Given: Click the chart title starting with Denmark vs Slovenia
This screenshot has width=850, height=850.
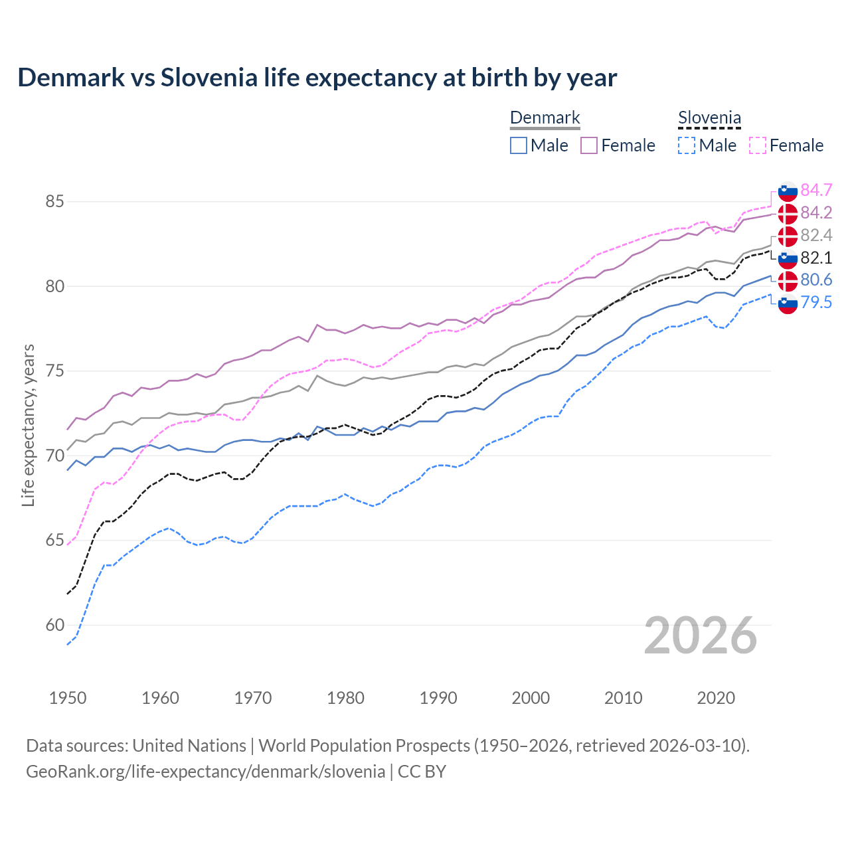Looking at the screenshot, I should (317, 78).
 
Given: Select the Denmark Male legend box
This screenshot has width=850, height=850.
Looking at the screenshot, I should (519, 145).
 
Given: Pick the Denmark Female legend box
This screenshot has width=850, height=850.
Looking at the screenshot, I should (589, 145).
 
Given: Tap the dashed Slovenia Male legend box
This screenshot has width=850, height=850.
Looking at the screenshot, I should (687, 145).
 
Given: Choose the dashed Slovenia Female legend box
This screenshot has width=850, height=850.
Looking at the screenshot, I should (757, 145).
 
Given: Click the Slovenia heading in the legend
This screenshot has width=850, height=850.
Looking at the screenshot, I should (709, 118).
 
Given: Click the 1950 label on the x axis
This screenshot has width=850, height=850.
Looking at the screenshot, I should (68, 698).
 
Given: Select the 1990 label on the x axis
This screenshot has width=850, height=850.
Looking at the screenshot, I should (438, 698).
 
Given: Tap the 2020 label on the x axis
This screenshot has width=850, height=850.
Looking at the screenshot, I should (716, 698).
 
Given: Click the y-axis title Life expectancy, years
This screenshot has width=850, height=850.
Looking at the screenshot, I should (29, 425).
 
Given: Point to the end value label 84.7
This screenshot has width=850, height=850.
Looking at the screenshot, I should (816, 190).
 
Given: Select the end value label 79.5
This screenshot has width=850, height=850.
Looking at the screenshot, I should (816, 303).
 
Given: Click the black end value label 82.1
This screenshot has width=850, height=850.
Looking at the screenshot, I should (816, 258).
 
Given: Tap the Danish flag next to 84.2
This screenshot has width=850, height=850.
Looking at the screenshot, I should (788, 214).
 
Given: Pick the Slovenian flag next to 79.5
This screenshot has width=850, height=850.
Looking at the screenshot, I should (788, 303).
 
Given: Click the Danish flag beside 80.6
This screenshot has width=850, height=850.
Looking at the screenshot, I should (788, 280).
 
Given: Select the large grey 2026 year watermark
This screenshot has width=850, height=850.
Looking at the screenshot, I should (701, 636).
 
